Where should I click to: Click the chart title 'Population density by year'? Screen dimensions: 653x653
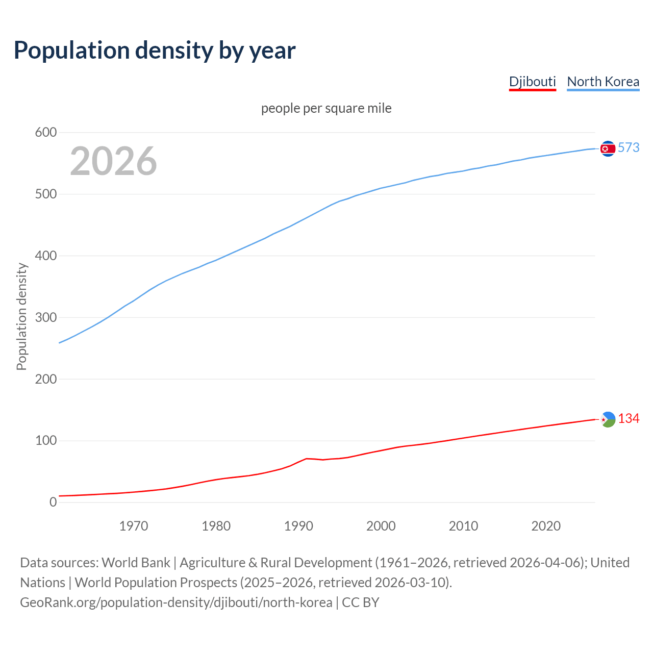click(x=155, y=51)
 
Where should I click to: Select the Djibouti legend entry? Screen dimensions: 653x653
click(x=532, y=82)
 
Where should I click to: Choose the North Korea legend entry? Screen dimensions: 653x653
click(x=603, y=82)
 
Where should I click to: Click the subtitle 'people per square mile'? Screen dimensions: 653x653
click(x=326, y=108)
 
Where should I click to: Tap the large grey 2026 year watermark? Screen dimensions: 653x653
click(x=113, y=161)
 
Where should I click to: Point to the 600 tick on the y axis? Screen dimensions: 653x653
click(x=46, y=133)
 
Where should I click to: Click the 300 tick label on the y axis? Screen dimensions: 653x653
click(x=46, y=317)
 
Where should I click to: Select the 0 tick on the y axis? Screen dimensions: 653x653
click(x=53, y=502)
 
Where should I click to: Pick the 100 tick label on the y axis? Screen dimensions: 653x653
click(x=46, y=441)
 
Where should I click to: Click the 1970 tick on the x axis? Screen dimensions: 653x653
click(x=134, y=526)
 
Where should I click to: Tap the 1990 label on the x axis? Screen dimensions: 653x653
click(x=298, y=526)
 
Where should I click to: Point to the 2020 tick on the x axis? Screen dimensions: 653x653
click(x=546, y=526)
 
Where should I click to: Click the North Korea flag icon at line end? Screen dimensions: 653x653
click(x=608, y=148)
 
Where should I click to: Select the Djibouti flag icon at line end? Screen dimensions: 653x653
click(x=608, y=419)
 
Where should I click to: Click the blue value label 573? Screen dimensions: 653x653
click(x=629, y=148)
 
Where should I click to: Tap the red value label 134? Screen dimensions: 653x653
click(x=629, y=419)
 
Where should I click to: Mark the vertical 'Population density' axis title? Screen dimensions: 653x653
click(x=21, y=316)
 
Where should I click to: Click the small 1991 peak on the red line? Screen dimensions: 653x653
click(x=306, y=459)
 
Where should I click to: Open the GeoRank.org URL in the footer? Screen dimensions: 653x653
click(x=176, y=602)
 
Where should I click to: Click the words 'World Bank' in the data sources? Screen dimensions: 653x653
click(x=136, y=563)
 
